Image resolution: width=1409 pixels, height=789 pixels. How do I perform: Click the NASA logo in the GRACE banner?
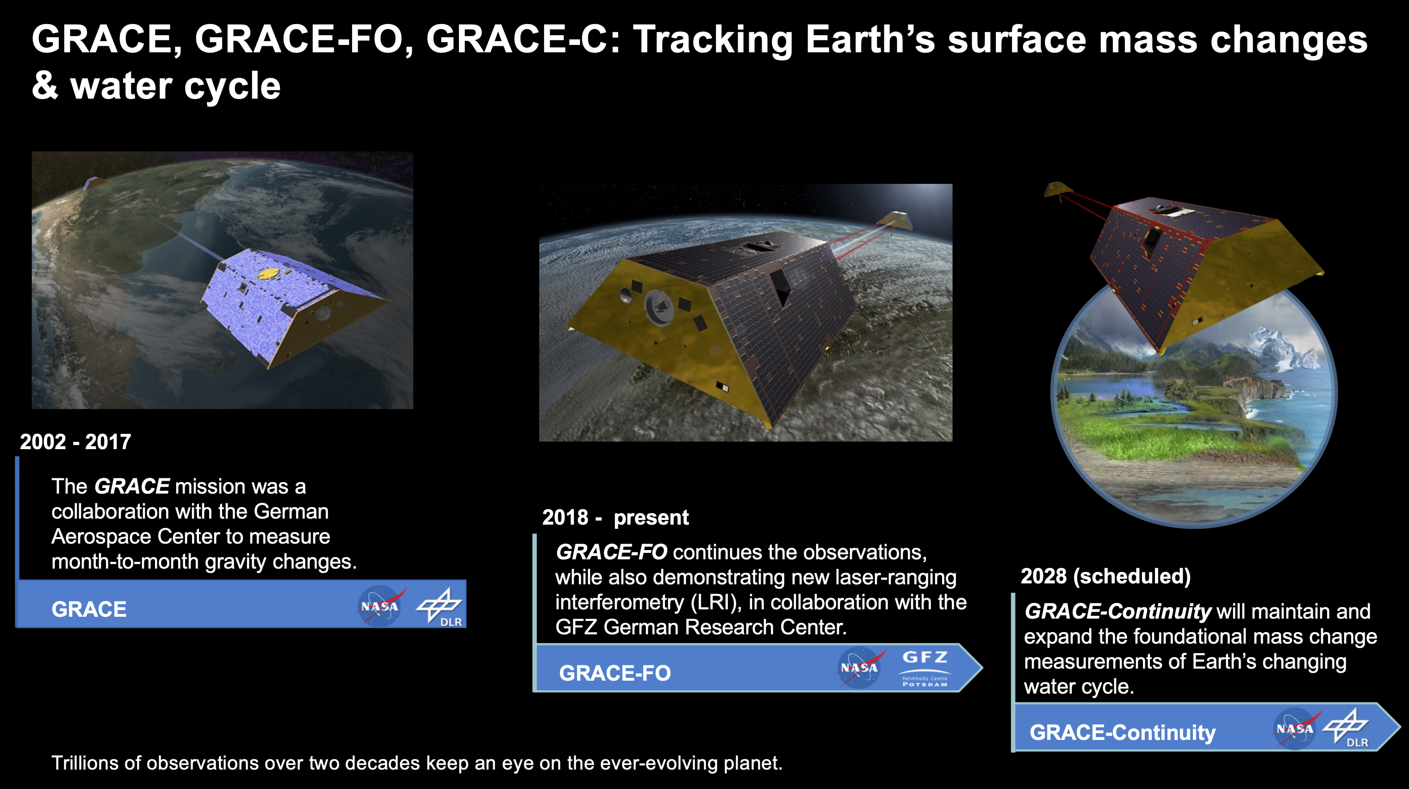(x=379, y=606)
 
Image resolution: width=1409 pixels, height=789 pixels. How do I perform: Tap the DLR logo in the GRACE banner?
(x=440, y=606)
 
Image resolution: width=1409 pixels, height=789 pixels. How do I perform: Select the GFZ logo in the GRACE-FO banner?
(x=925, y=668)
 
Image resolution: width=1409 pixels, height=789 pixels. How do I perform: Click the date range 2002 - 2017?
(x=75, y=442)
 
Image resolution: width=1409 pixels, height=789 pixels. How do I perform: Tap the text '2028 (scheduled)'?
(x=1105, y=576)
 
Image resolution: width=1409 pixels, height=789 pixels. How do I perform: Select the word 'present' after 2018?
(x=651, y=517)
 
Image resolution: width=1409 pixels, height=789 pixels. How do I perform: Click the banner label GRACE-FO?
(x=615, y=673)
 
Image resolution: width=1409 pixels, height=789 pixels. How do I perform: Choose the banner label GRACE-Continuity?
(x=1123, y=732)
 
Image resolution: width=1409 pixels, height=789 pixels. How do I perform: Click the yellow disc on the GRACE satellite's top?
(x=267, y=272)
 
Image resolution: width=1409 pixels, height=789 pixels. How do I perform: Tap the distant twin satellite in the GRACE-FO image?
(x=895, y=220)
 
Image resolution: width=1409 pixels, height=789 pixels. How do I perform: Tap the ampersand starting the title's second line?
(x=45, y=86)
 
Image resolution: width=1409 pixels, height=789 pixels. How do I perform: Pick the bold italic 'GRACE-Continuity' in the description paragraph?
(x=1117, y=611)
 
